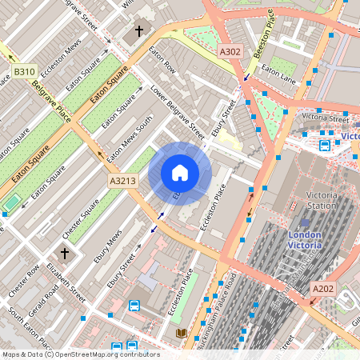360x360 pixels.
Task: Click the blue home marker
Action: [180, 173]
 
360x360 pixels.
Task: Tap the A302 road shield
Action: [230, 51]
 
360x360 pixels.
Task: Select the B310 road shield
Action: [24, 72]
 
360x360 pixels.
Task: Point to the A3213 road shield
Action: [123, 182]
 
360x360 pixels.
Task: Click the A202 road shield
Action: [323, 288]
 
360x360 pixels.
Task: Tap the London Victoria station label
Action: [305, 241]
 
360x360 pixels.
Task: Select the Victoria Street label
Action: [325, 118]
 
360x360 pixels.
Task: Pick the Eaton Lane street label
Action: [279, 74]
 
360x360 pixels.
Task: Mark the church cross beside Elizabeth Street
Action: [65, 253]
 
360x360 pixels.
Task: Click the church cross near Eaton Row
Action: [138, 32]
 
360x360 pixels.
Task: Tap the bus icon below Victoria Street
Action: [325, 146]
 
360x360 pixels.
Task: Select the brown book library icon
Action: [180, 333]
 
